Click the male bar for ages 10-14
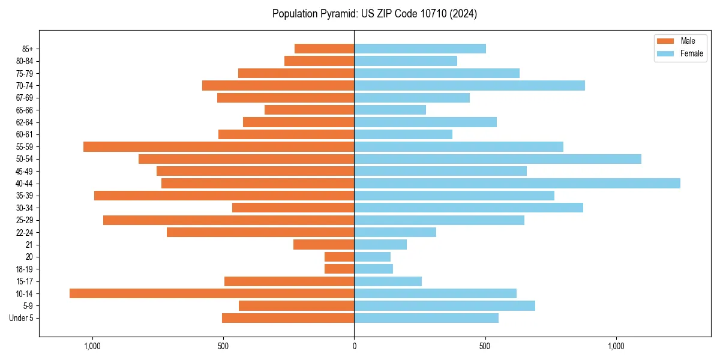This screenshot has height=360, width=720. (212, 293)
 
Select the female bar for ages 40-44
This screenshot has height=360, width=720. (517, 183)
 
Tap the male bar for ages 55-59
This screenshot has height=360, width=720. (218, 146)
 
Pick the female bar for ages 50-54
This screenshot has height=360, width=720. (497, 159)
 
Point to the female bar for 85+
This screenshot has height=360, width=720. (420, 49)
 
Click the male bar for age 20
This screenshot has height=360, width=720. (339, 257)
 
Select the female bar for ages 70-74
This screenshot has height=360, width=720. (469, 85)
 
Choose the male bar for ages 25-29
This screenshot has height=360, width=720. (229, 220)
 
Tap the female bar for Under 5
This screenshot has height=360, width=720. (426, 318)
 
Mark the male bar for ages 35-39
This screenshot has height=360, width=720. (224, 196)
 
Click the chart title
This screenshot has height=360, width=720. (374, 14)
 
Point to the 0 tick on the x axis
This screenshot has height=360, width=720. (354, 346)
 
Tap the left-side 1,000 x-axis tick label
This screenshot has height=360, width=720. (92, 346)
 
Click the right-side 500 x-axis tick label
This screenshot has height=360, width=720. (485, 346)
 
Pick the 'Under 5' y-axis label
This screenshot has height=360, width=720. (21, 318)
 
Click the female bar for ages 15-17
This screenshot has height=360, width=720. (388, 281)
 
